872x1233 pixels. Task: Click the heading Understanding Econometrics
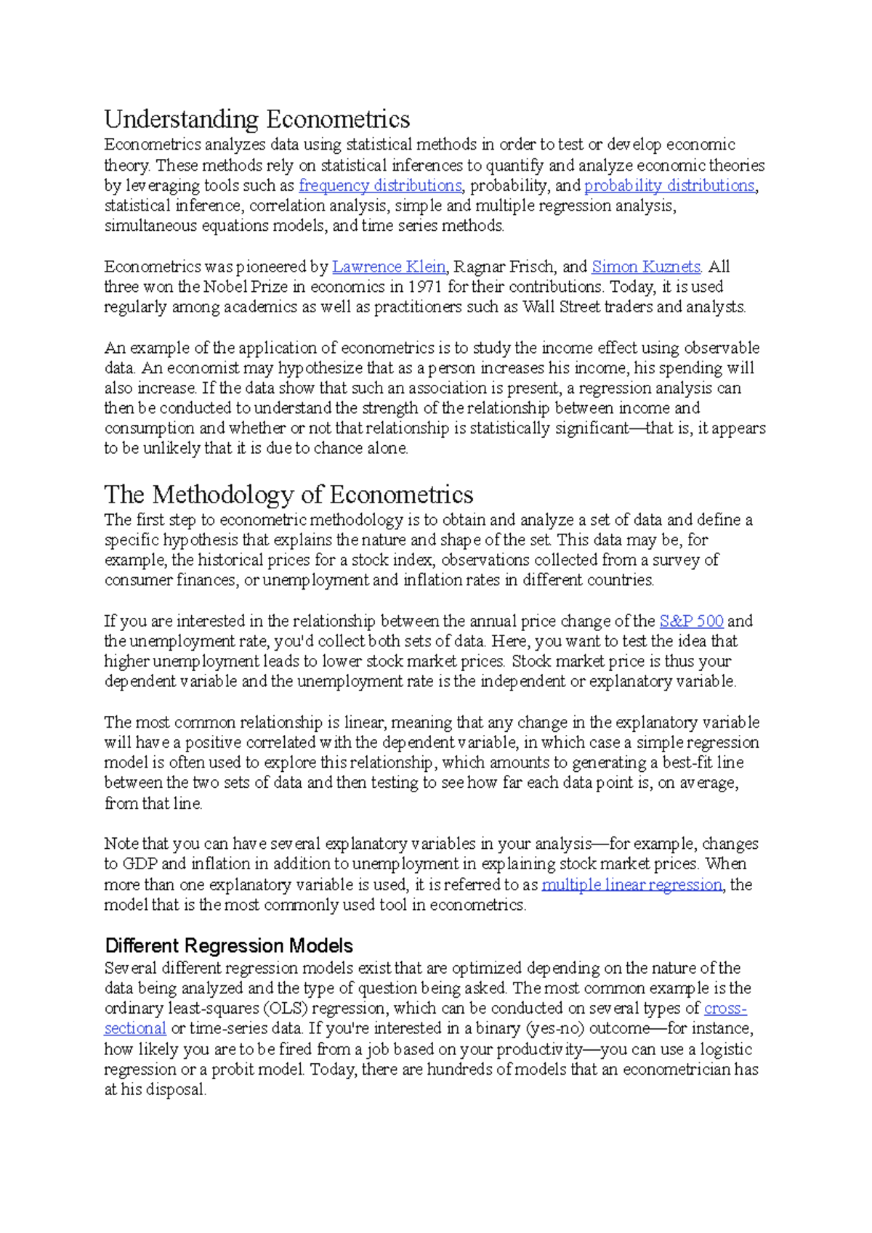click(257, 119)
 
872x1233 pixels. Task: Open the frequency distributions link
click(380, 186)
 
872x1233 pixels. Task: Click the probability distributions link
click(669, 186)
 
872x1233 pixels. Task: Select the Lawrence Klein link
click(389, 266)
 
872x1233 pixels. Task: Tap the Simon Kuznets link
click(646, 266)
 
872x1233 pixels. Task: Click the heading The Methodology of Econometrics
click(288, 495)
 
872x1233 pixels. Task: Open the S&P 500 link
click(691, 622)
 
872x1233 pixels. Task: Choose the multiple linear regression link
click(632, 884)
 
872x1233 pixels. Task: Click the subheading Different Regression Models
click(229, 945)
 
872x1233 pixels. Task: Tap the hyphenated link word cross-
click(725, 1009)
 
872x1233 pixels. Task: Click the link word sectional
click(135, 1029)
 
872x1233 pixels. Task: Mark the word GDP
click(139, 864)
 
